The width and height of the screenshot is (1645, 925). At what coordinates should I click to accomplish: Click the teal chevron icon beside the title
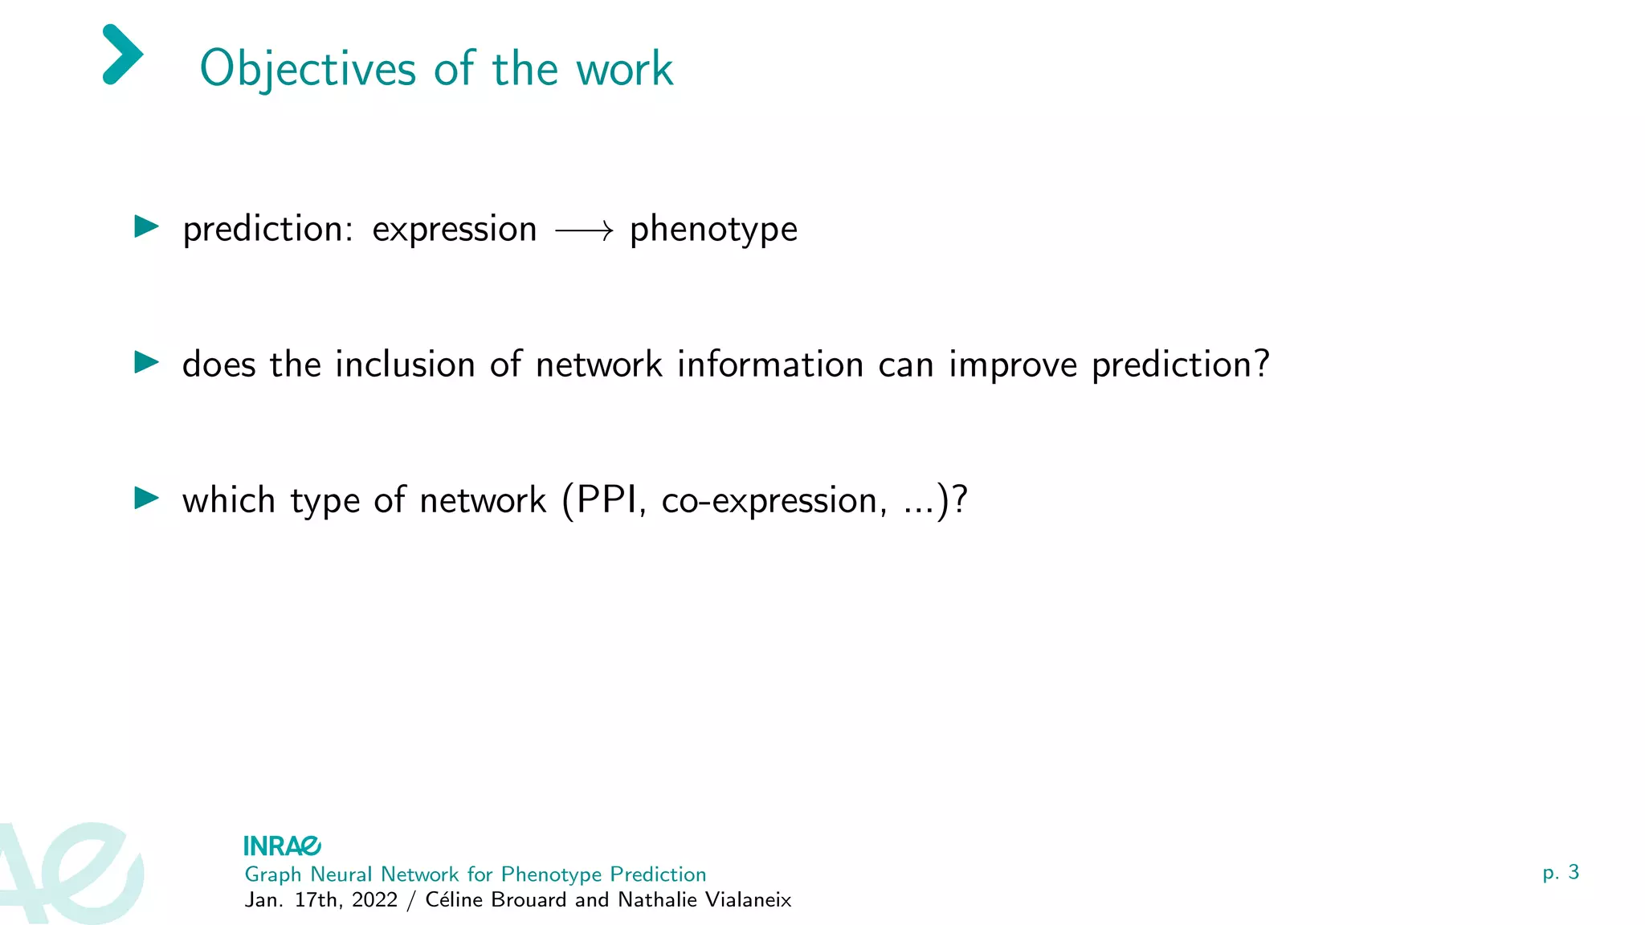point(123,55)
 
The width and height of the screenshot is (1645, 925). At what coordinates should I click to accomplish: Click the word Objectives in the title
point(308,70)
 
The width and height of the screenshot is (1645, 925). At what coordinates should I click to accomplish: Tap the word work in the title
point(624,69)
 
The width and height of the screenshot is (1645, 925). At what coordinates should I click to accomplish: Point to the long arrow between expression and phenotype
point(584,232)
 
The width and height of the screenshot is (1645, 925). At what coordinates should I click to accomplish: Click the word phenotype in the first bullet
point(713,230)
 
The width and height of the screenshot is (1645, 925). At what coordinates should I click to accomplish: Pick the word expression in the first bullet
point(455,230)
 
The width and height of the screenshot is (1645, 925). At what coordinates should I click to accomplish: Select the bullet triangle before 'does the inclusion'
point(146,362)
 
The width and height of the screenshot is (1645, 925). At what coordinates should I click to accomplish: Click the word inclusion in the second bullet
point(405,365)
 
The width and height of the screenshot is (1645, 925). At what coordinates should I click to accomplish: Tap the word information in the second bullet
point(770,365)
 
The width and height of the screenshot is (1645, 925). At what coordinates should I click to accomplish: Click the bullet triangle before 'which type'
point(146,498)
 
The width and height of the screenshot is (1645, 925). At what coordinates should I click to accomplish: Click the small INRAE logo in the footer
point(282,846)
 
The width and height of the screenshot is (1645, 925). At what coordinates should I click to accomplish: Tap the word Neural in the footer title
point(341,874)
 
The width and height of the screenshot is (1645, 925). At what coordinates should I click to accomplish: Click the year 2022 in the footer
point(374,900)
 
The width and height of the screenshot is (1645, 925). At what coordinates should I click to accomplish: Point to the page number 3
point(1574,872)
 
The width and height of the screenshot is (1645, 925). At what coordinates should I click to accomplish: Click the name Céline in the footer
point(455,900)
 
